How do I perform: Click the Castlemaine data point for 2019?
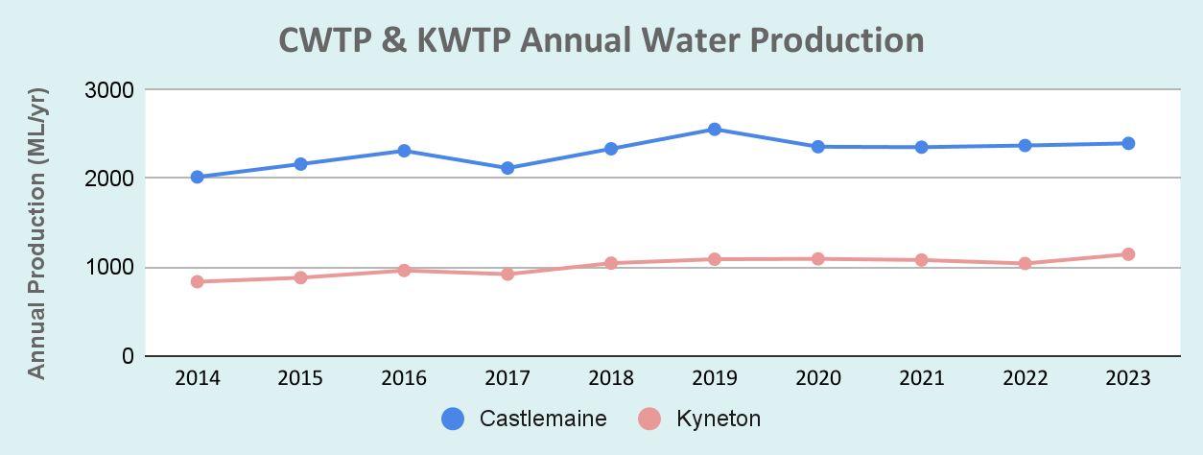pos(715,129)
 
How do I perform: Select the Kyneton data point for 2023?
pos(1128,254)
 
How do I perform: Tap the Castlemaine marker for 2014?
pos(197,177)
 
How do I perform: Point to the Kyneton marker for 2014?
pos(197,281)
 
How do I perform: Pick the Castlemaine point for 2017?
pos(507,168)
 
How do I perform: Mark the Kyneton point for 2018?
pos(611,263)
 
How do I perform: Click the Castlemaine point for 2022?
pos(1025,146)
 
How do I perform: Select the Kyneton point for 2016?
pos(405,270)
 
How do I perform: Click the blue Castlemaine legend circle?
pos(453,419)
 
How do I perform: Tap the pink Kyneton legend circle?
pos(649,419)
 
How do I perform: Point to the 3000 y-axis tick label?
pos(109,90)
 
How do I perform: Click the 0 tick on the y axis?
pos(128,355)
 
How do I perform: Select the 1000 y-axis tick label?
pos(109,267)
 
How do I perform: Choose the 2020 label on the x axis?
pos(818,378)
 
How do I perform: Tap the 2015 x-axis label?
pos(300,378)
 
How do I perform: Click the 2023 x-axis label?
pos(1128,378)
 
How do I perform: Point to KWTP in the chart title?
pos(463,40)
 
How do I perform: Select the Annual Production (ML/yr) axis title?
pos(36,233)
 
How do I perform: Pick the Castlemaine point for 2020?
pos(818,147)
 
